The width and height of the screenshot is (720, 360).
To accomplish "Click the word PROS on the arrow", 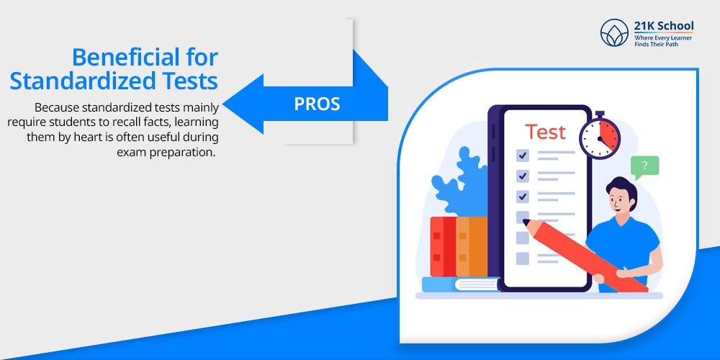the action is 317,104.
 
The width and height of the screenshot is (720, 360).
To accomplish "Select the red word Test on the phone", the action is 546,132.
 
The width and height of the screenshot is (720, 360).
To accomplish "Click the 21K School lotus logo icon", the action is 614,32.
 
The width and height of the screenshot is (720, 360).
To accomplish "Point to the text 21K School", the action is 664,26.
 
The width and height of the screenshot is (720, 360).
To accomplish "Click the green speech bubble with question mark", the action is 644,168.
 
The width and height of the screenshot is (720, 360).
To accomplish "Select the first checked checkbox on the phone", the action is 523,156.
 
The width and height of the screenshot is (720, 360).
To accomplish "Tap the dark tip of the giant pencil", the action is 527,223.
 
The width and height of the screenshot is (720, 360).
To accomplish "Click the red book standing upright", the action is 443,246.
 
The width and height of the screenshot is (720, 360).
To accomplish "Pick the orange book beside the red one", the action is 471,246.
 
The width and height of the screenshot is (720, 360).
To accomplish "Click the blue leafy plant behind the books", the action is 459,184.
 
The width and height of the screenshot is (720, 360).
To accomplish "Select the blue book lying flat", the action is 461,284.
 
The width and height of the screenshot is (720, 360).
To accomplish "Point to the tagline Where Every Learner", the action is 663,37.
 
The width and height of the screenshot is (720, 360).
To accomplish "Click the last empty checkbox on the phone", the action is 523,258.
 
